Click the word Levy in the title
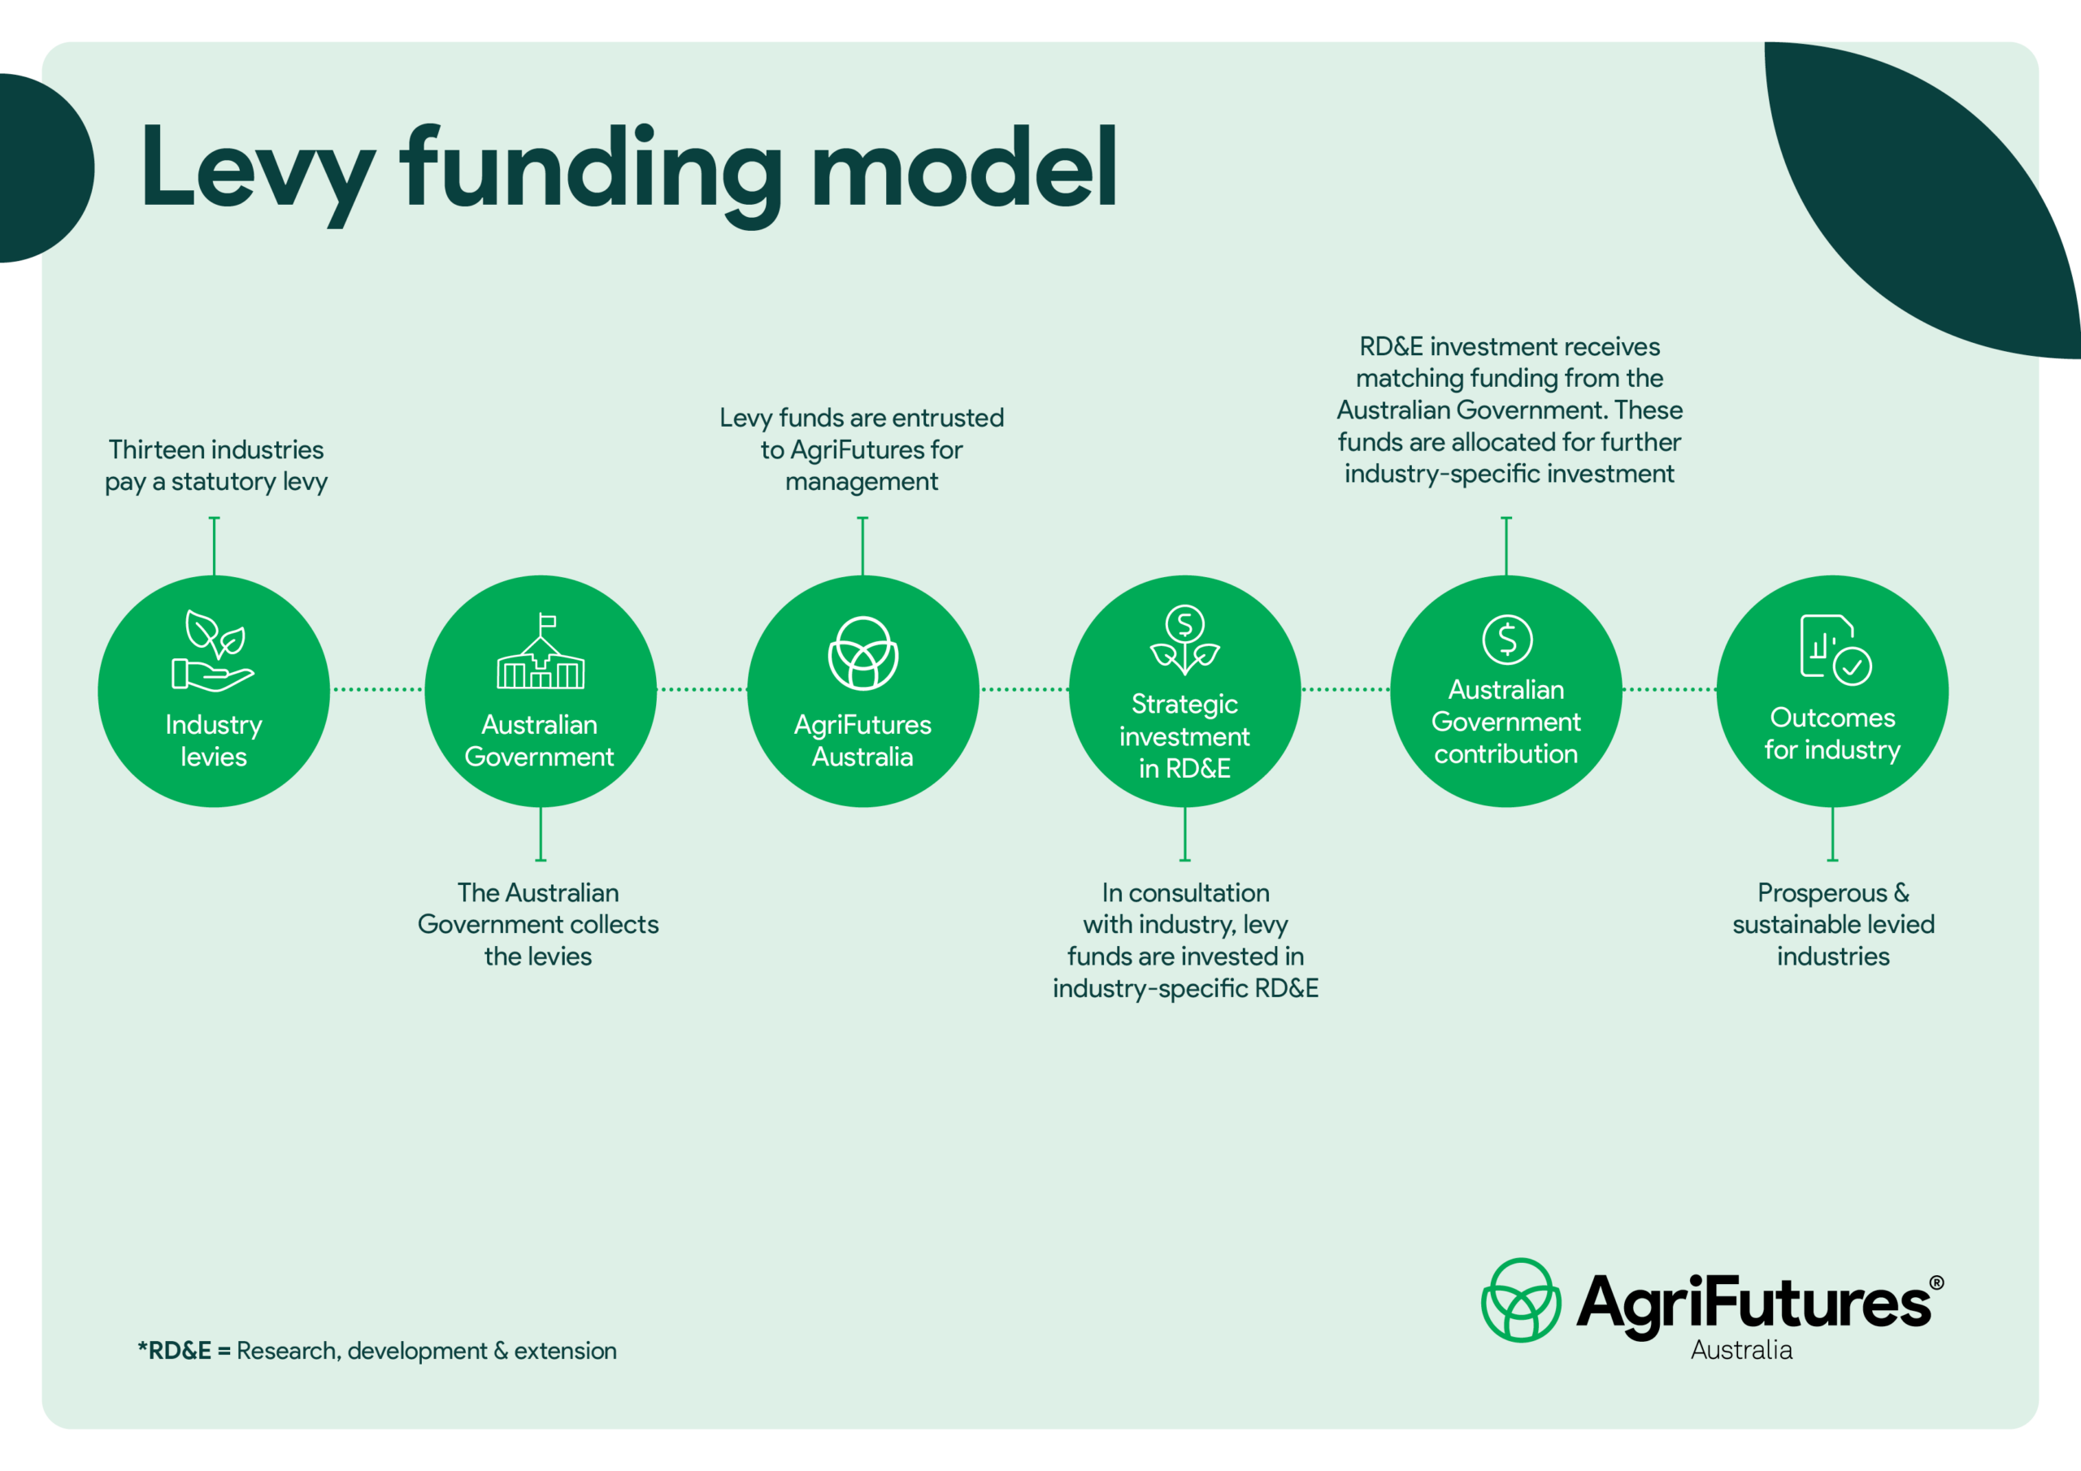tap(258, 172)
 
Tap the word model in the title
tap(964, 166)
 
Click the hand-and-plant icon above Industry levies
tap(213, 651)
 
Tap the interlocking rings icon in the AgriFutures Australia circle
tap(862, 653)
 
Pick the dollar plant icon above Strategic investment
tap(1184, 640)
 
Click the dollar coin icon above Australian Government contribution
tap(1507, 639)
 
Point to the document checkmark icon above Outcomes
tap(1836, 649)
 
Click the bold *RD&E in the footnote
tap(174, 1351)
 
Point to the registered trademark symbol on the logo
tap(1936, 1282)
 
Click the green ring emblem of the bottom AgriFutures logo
tap(1521, 1300)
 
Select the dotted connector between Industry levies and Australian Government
tap(377, 690)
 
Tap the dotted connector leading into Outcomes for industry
tap(1669, 690)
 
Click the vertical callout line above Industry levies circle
tap(214, 545)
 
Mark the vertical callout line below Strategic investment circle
tap(1184, 834)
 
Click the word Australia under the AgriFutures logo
tap(1741, 1351)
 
